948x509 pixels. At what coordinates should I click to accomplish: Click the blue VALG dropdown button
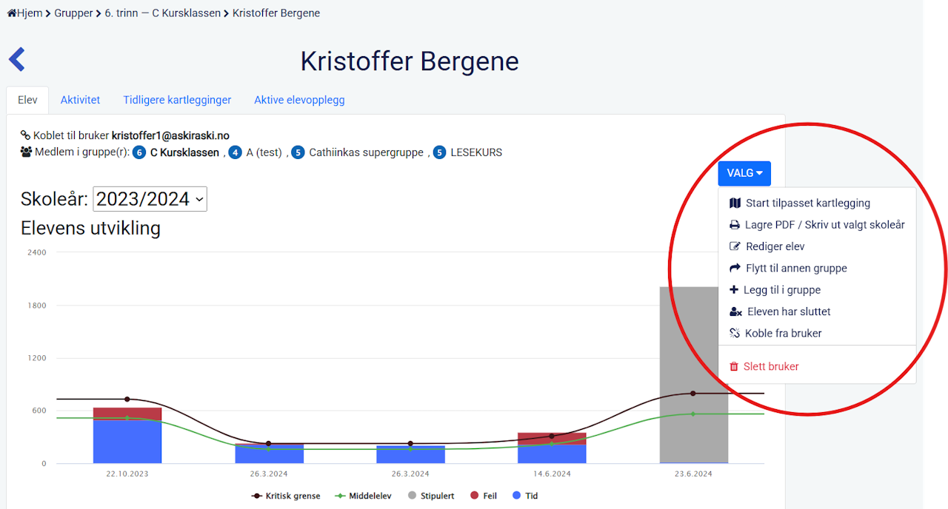(x=744, y=173)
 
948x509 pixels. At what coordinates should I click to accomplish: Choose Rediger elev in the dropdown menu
(x=775, y=246)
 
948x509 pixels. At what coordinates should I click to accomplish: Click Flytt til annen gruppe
(x=796, y=268)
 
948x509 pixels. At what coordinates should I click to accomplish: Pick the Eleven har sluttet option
(x=789, y=311)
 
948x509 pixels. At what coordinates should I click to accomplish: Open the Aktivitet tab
(x=80, y=100)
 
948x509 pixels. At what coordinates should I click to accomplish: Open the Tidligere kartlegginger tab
(x=177, y=100)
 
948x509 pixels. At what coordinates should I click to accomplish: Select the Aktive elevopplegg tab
(x=299, y=100)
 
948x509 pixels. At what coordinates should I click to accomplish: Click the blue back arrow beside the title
(x=17, y=60)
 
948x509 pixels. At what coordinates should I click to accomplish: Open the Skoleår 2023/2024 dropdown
(x=150, y=199)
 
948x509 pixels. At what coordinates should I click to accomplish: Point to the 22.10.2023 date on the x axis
(x=127, y=473)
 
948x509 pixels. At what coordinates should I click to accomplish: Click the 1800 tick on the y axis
(x=36, y=306)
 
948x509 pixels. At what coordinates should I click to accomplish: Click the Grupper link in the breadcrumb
(x=73, y=13)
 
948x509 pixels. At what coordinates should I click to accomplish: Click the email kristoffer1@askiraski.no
(x=170, y=135)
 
